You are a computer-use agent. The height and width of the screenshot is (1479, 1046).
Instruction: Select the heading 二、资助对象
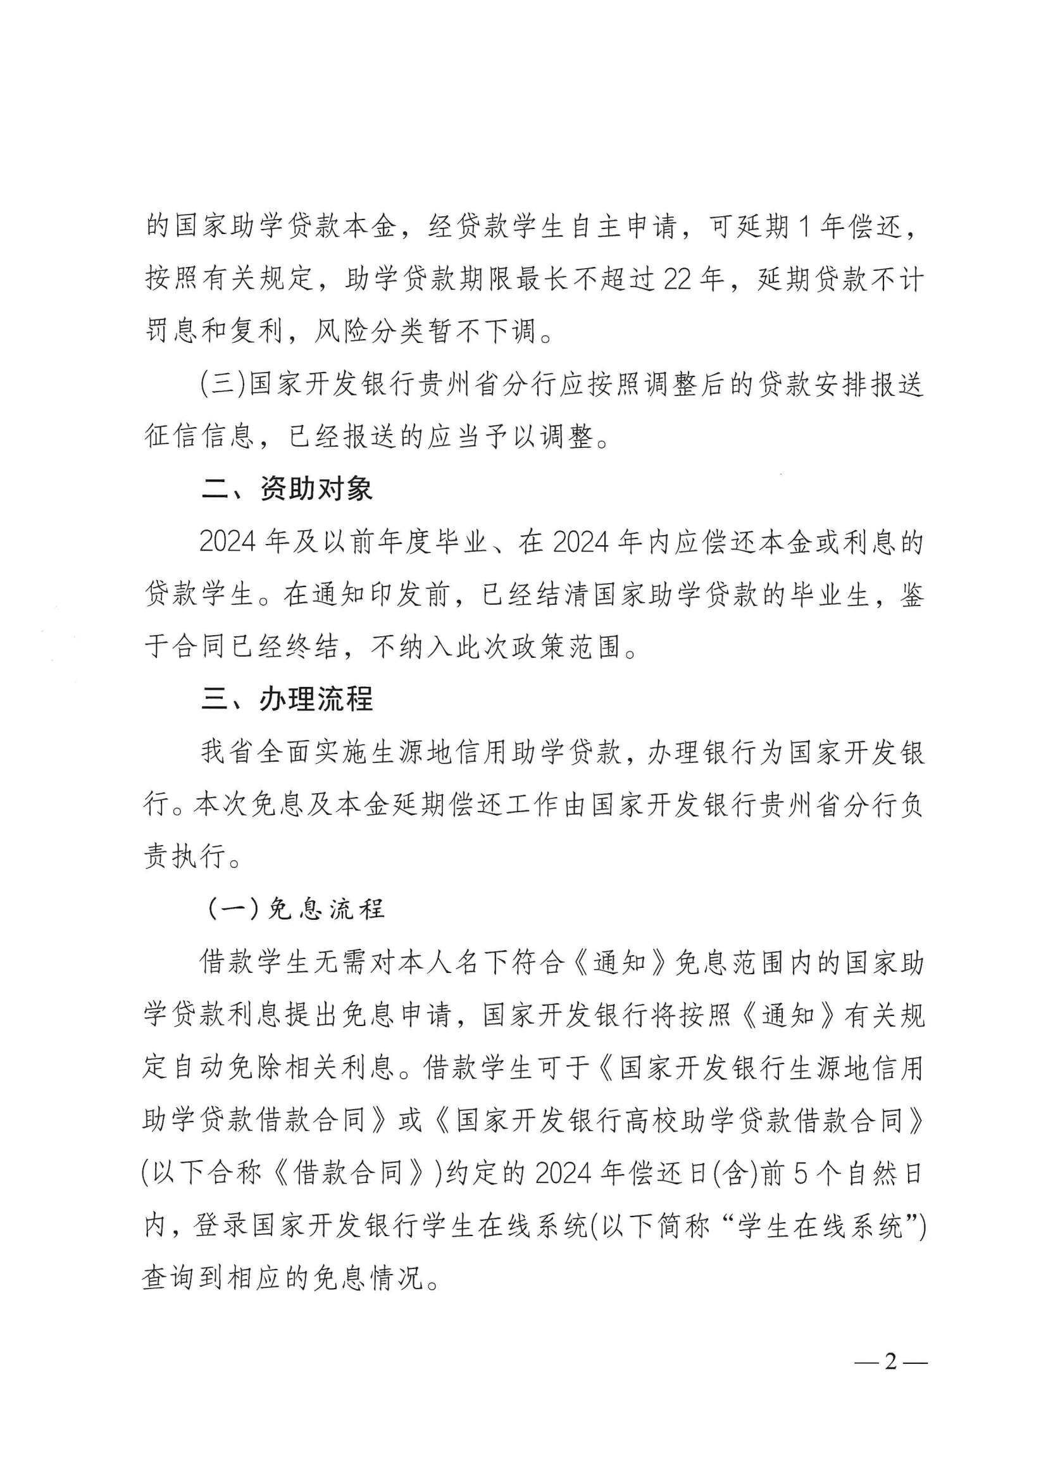click(287, 489)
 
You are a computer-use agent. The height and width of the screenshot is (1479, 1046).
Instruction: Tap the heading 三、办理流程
click(287, 700)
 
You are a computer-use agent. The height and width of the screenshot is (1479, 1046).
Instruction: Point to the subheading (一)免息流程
click(296, 909)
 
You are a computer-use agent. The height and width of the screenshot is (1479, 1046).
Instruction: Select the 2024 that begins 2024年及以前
click(228, 541)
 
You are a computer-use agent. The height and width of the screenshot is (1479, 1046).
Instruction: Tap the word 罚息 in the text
click(172, 331)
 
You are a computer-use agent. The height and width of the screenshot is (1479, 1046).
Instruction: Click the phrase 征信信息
click(199, 436)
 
